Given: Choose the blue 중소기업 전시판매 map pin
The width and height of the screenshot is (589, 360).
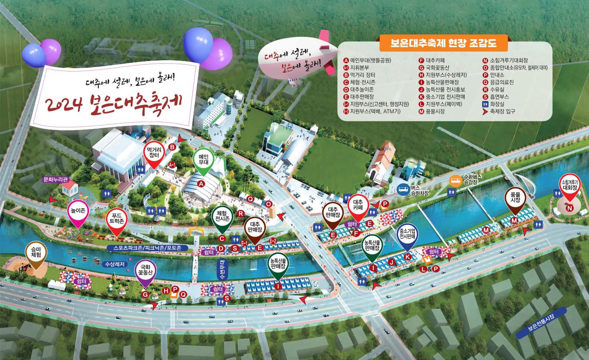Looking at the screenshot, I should pyautogui.click(x=408, y=234).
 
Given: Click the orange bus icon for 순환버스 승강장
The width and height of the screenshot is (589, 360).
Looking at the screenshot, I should pyautogui.click(x=454, y=181).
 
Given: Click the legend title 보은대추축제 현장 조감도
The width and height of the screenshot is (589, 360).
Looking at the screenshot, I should pyautogui.click(x=443, y=43).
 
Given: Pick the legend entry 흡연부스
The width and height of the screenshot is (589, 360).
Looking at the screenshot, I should pyautogui.click(x=498, y=97).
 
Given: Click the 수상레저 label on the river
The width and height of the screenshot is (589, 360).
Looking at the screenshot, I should pyautogui.click(x=114, y=263).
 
